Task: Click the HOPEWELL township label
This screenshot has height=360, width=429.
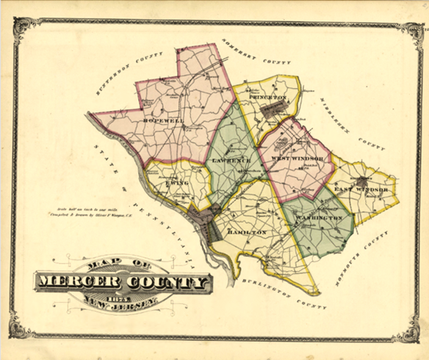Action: click(x=159, y=120)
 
